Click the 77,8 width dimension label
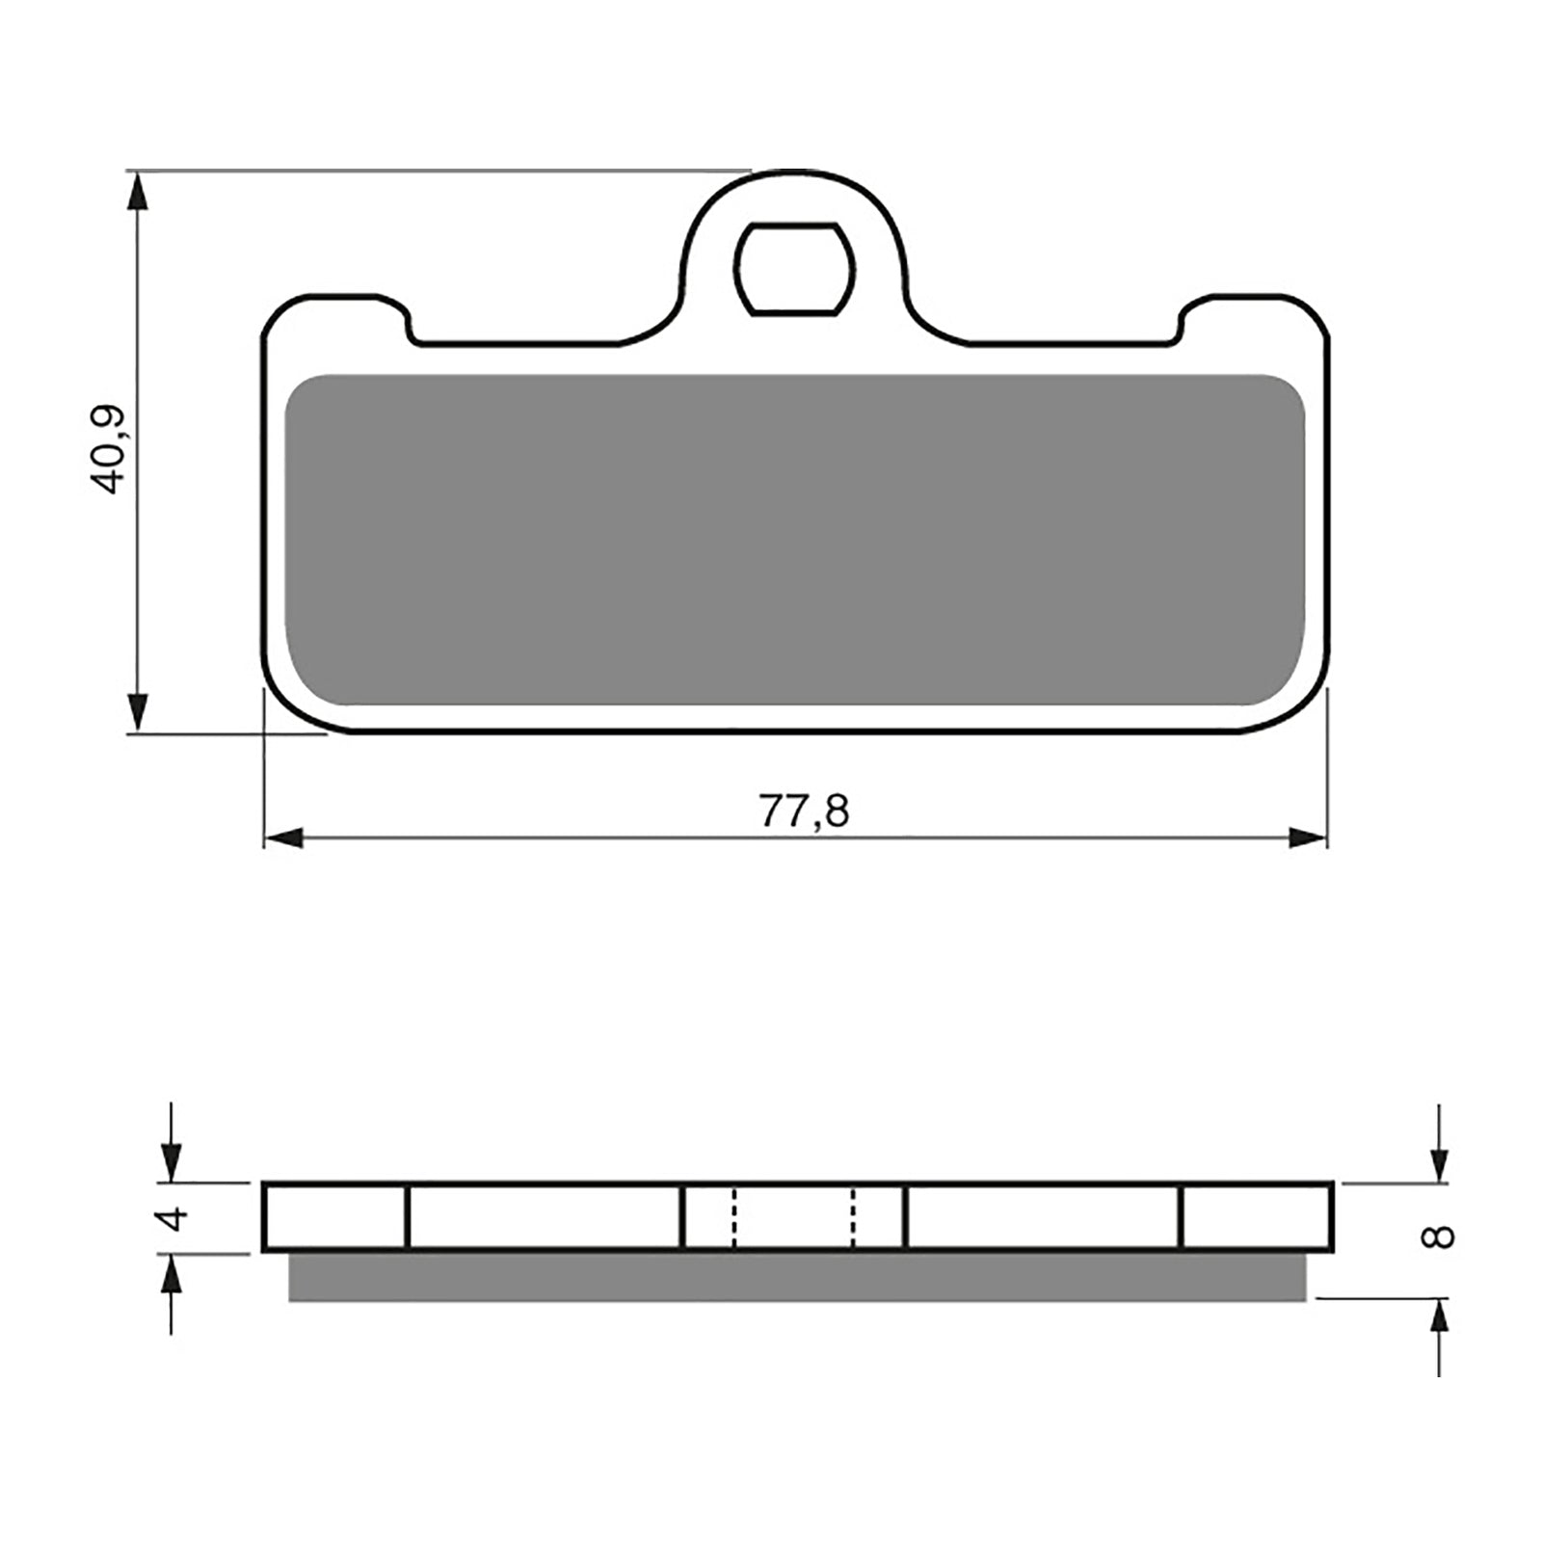[804, 811]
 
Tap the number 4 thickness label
[173, 1218]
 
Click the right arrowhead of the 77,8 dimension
[1308, 837]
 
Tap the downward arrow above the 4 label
[171, 1157]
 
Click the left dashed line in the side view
[734, 1217]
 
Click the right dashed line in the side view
[853, 1217]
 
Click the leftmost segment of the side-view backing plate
[335, 1217]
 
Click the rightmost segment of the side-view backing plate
[1257, 1217]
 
